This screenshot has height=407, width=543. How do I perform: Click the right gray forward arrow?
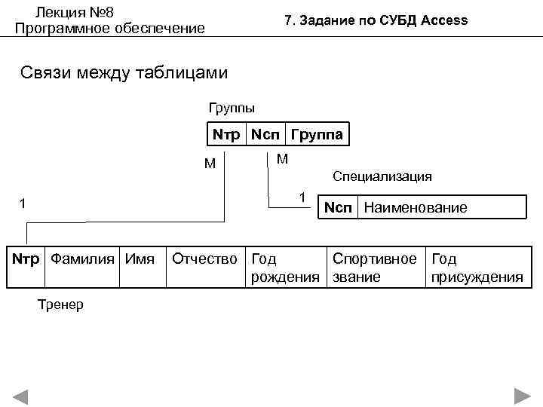[x=522, y=396]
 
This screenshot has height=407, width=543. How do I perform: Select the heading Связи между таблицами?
[x=124, y=73]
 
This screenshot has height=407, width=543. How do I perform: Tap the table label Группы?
[x=232, y=108]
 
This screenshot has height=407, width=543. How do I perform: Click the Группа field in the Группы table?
[x=317, y=135]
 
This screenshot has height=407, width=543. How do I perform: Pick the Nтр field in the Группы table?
[x=226, y=135]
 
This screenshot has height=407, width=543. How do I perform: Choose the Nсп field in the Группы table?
[x=265, y=135]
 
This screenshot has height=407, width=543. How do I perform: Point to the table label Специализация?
[x=382, y=176]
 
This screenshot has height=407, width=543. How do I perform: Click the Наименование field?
[x=415, y=207]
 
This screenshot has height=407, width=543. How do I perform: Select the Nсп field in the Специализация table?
[x=338, y=207]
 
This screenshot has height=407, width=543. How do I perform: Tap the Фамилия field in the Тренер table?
[x=82, y=259]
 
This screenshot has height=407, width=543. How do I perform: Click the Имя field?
[x=140, y=259]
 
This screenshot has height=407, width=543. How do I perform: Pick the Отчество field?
[x=204, y=259]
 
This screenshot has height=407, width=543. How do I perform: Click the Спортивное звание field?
[x=374, y=268]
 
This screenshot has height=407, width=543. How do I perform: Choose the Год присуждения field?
[x=476, y=268]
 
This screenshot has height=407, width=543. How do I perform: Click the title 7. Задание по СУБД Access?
[x=376, y=20]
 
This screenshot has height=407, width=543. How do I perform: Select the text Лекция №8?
[x=75, y=12]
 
